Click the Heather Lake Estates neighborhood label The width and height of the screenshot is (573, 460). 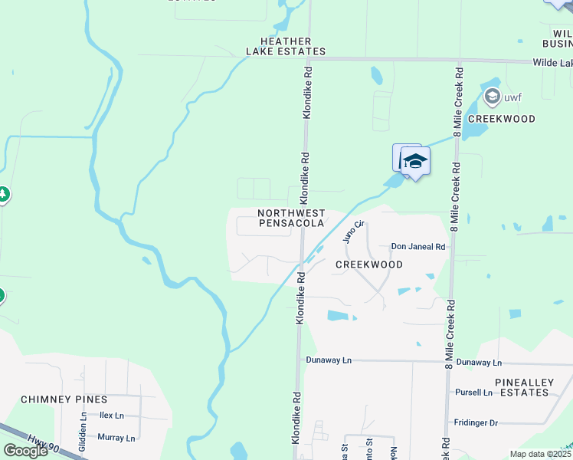tap(286, 47)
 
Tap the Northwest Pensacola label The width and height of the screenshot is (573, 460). tap(291, 218)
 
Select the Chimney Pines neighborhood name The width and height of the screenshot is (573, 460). tap(64, 399)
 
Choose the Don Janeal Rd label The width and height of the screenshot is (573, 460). tap(418, 247)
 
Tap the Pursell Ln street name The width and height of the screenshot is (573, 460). tap(473, 393)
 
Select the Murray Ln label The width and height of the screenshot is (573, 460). tap(116, 438)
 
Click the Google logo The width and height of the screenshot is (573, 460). tap(25, 451)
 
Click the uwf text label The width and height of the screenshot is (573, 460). tap(512, 97)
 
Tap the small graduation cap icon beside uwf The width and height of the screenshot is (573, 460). tap(492, 97)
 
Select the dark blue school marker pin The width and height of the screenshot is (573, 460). tap(415, 162)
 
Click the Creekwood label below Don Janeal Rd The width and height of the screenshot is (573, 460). tap(369, 264)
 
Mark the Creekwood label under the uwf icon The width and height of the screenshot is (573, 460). tap(501, 119)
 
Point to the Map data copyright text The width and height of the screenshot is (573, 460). tap(541, 454)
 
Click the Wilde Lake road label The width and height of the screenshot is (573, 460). tap(552, 62)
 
